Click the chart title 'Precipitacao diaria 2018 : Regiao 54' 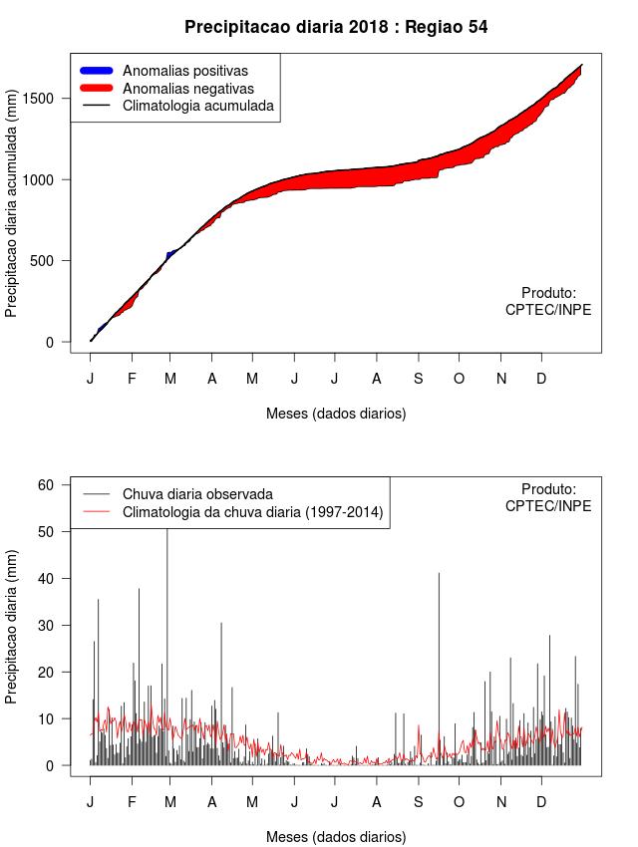tap(336, 27)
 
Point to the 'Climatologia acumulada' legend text tap(197, 105)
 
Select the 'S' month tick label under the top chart tap(418, 379)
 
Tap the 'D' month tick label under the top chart tap(541, 379)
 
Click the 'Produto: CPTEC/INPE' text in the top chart tap(548, 301)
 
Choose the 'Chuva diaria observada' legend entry tap(197, 494)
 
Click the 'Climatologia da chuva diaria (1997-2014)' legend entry tap(252, 512)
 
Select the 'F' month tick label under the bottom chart tap(132, 802)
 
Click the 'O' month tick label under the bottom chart tap(459, 802)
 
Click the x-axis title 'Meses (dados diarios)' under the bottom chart tap(336, 836)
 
